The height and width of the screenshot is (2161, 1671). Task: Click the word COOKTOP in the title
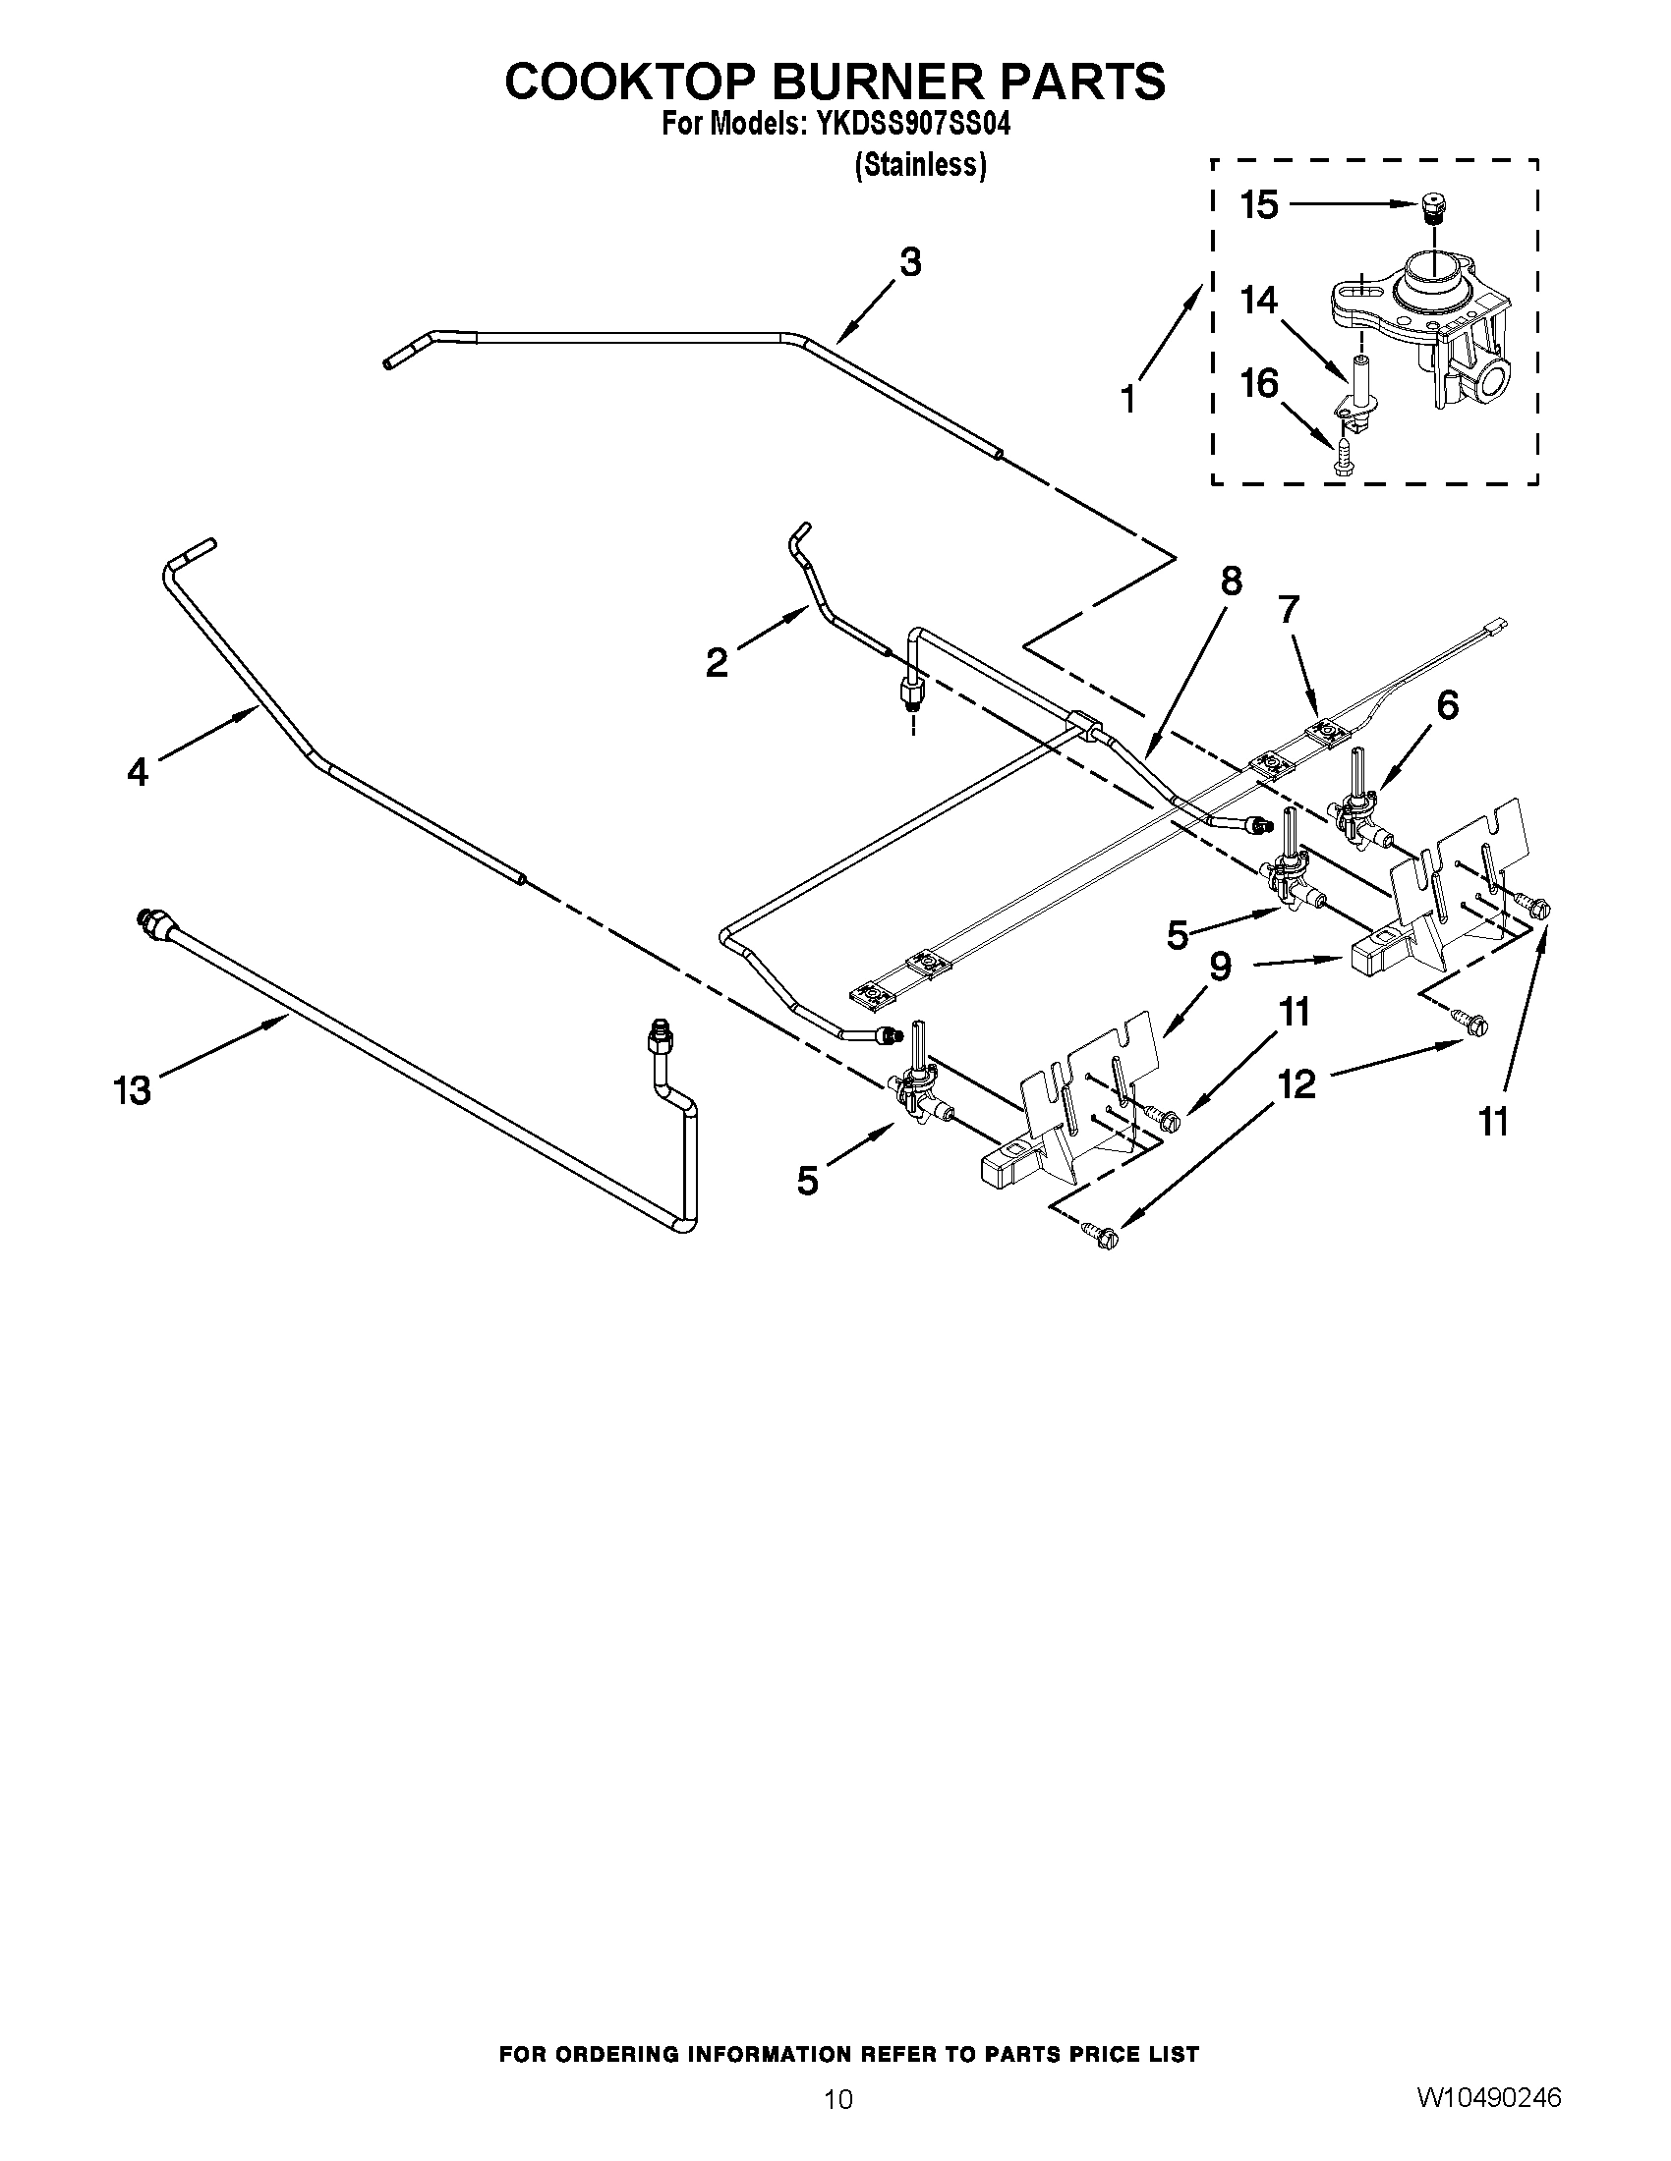coord(630,83)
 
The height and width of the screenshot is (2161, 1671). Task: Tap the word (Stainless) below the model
coord(920,165)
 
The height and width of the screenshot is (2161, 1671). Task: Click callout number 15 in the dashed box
coord(1259,205)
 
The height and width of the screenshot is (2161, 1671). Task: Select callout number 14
coord(1259,300)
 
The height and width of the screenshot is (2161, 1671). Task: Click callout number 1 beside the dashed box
coord(1129,399)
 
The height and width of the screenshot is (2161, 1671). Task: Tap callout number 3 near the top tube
coord(910,262)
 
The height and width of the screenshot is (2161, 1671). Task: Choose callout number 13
coord(132,1090)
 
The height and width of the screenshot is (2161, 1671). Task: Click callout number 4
coord(138,772)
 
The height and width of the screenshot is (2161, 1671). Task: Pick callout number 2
coord(717,662)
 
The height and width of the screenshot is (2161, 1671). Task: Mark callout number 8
coord(1231,581)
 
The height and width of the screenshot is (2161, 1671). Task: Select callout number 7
coord(1287,610)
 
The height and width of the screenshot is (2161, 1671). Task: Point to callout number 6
coord(1446,705)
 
